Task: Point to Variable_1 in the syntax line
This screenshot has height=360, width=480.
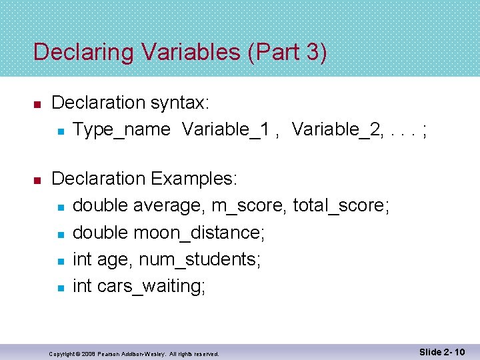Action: [225, 129]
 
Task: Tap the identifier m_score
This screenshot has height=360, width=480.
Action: [249, 206]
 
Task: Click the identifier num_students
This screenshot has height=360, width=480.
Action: [199, 259]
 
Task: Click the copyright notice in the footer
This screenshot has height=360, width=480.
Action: [134, 353]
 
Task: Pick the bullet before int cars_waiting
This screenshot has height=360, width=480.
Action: [60, 288]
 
